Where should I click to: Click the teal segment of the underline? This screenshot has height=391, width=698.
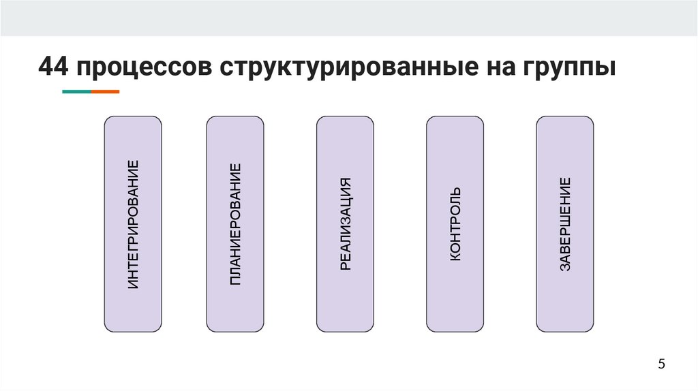pos(76,91)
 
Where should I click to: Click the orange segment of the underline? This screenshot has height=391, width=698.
pos(105,91)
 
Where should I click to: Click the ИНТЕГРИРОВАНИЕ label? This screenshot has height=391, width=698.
pos(133,224)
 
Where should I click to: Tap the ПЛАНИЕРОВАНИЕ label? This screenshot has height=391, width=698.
pos(235,224)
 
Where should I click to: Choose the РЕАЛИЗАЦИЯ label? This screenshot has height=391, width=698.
pos(346,224)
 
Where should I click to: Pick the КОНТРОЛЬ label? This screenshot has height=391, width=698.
pos(455,224)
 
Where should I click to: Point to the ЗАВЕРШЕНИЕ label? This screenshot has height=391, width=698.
pos(565,224)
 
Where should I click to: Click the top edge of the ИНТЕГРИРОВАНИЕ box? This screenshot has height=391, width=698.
pos(133,116)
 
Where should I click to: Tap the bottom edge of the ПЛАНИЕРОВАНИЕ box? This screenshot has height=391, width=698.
pos(235,332)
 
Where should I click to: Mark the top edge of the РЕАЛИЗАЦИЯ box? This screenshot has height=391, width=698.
pos(346,116)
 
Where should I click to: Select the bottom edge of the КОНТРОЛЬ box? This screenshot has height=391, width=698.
pos(455,332)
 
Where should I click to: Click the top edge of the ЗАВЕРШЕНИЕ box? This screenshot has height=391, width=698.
pos(565,116)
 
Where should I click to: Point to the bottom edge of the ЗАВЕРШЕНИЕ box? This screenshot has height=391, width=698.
pos(565,332)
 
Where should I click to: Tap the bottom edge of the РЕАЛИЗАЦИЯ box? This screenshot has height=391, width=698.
pos(346,332)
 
